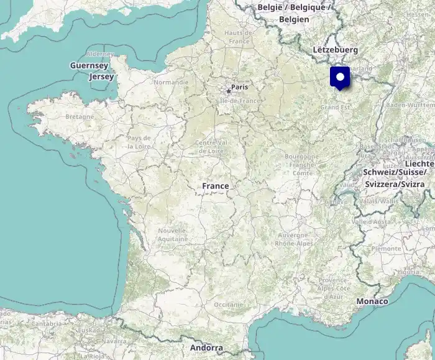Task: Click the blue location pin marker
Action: pyautogui.click(x=340, y=78)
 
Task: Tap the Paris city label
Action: pyautogui.click(x=239, y=88)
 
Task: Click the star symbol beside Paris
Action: pyautogui.click(x=229, y=91)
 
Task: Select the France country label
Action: pyautogui.click(x=215, y=186)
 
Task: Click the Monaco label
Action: pyautogui.click(x=372, y=302)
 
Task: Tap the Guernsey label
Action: pyautogui.click(x=89, y=65)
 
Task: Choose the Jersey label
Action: pyautogui.click(x=101, y=77)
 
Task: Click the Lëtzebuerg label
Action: pyautogui.click(x=336, y=49)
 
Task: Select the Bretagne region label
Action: pyautogui.click(x=80, y=116)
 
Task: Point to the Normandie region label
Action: pyautogui.click(x=171, y=82)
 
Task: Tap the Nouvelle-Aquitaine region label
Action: pyautogui.click(x=172, y=234)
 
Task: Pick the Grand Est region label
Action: pyautogui.click(x=335, y=107)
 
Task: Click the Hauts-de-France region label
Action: pyautogui.click(x=238, y=37)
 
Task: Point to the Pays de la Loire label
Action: pyautogui.click(x=139, y=141)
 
